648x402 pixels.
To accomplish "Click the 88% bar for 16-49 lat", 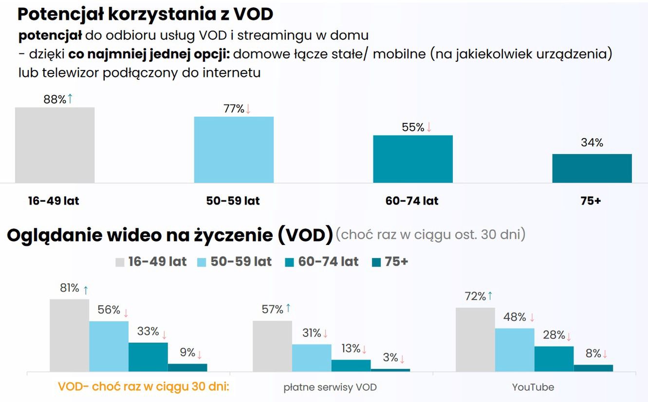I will pyautogui.click(x=55, y=145).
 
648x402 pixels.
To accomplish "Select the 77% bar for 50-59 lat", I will pyautogui.click(x=234, y=150).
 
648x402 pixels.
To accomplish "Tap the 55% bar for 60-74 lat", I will pyautogui.click(x=413, y=159).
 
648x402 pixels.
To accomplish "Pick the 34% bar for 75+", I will pyautogui.click(x=592, y=168).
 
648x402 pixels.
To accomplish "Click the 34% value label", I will pyautogui.click(x=592, y=143).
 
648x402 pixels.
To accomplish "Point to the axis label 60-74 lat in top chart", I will pyautogui.click(x=412, y=201).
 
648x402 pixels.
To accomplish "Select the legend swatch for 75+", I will pyautogui.click(x=376, y=262).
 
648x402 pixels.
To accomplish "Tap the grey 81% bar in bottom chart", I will pyautogui.click(x=69, y=335).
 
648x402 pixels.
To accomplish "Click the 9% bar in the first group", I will pyautogui.click(x=187, y=367).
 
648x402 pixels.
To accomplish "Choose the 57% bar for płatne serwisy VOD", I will pyautogui.click(x=272, y=346).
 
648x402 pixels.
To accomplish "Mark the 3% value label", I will pyautogui.click(x=390, y=358).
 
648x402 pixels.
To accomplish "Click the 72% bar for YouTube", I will pyautogui.click(x=475, y=339).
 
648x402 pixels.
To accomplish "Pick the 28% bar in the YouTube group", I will pyautogui.click(x=554, y=359).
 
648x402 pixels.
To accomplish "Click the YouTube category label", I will pyautogui.click(x=533, y=387).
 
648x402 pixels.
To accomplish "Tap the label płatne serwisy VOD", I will pyautogui.click(x=330, y=387).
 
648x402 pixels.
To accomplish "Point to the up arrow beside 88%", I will pyautogui.click(x=70, y=99).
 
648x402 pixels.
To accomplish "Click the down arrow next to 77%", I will pyautogui.click(x=248, y=109).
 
